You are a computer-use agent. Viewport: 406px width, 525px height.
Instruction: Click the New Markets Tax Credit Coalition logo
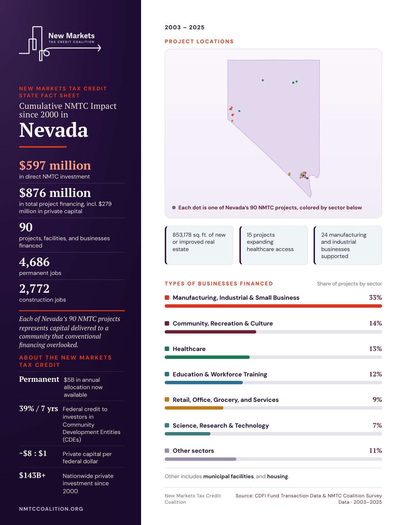(60, 44)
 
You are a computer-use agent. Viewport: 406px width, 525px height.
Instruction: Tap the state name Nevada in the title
(53, 130)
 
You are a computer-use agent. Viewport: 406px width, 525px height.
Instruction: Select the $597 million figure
(55, 165)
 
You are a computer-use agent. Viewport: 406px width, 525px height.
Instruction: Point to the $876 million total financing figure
(55, 193)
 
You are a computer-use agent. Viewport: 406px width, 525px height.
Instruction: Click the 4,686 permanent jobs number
(34, 262)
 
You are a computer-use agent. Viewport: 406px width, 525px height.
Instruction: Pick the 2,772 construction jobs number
(34, 289)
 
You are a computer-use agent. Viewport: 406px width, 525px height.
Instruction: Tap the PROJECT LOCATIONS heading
(199, 42)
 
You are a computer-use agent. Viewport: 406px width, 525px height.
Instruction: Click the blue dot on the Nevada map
(239, 111)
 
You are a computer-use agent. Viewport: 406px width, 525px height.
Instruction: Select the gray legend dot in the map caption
(174, 207)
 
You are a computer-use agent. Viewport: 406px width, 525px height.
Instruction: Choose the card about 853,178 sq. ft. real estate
(199, 245)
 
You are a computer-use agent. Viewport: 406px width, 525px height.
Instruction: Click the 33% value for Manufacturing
(375, 297)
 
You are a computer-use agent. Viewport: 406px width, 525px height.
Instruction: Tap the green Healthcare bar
(207, 357)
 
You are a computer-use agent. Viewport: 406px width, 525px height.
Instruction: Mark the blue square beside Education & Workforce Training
(167, 374)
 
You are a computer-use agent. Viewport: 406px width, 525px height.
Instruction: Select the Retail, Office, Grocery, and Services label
(225, 400)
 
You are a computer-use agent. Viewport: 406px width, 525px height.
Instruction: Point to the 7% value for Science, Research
(377, 425)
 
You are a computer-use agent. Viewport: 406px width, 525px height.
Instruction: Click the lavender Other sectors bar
(201, 459)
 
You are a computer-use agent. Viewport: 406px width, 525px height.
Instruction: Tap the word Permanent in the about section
(39, 379)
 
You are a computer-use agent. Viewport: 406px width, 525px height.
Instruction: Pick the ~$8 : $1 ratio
(33, 453)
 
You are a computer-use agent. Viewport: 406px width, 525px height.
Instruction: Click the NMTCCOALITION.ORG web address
(51, 509)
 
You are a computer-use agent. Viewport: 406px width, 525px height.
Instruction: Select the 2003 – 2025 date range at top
(184, 27)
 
